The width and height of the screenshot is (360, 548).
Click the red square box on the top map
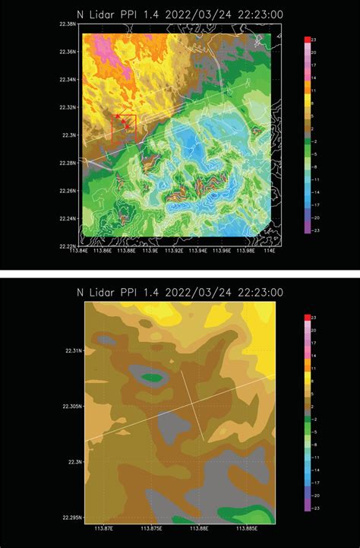[x=124, y=127]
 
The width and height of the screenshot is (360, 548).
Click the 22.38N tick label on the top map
[x=66, y=24]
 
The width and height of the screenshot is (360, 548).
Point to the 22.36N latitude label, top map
[x=66, y=52]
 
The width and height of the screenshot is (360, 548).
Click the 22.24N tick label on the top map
[x=66, y=218]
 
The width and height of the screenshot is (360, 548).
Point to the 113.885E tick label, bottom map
[x=246, y=529]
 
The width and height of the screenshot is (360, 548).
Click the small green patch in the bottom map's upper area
[x=153, y=376]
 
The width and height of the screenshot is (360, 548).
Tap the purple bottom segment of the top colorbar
[x=307, y=228]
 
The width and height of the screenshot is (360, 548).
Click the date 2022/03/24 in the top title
[x=195, y=12]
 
